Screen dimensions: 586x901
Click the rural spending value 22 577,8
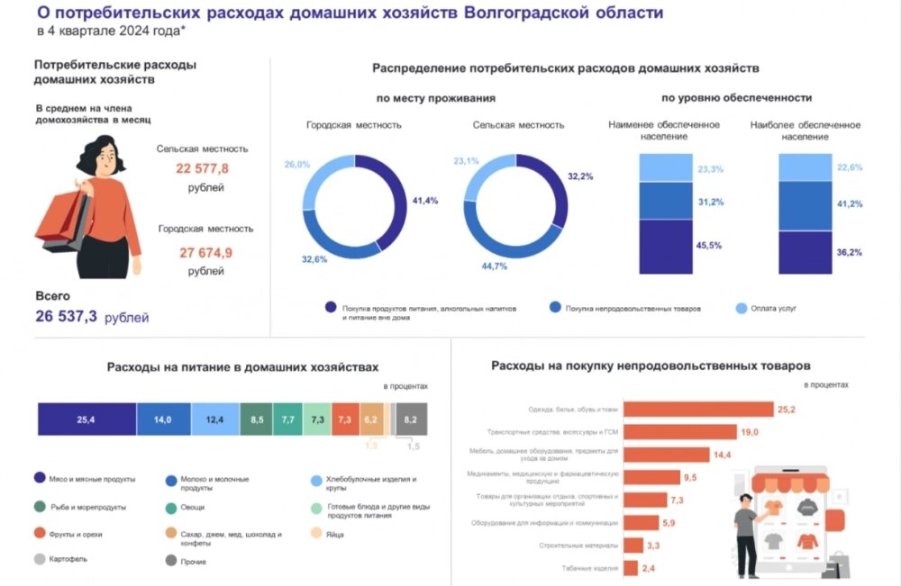coord(202,169)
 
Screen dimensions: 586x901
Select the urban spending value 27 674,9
coord(202,252)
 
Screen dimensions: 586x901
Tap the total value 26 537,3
coord(66,317)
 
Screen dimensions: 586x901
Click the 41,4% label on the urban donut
coord(424,201)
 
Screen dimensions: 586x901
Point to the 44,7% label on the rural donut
coord(494,266)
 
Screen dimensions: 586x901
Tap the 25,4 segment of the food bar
coord(86,419)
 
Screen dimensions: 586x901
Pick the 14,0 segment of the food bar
coord(163,419)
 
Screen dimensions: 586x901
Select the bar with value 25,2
coord(698,410)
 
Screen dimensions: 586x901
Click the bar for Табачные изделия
coord(631,567)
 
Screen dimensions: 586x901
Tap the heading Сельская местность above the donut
coord(518,125)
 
